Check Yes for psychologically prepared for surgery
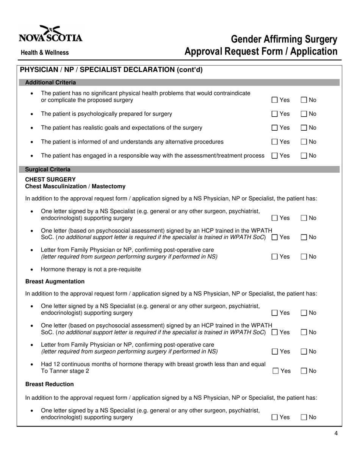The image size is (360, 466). pyautogui.click(x=275, y=114)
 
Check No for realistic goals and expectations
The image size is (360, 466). pyautogui.click(x=304, y=128)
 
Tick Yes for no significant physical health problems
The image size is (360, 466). pyautogui.click(x=275, y=100)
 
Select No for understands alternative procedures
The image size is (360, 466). pyautogui.click(x=304, y=142)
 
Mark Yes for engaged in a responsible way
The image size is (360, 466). pyautogui.click(x=275, y=156)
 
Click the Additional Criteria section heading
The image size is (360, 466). pyautogui.click(x=50, y=83)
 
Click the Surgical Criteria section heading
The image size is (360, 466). pyautogui.click(x=47, y=169)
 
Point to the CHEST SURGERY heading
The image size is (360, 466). pyautogui.click(x=50, y=179)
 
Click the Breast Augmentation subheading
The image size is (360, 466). pyautogui.click(x=55, y=281)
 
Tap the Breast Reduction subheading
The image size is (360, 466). pyautogui.click(x=49, y=384)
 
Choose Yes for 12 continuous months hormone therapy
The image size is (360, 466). pyautogui.click(x=276, y=371)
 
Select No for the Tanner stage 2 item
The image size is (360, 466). pyautogui.click(x=305, y=371)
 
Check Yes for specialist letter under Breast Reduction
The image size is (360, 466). pyautogui.click(x=275, y=418)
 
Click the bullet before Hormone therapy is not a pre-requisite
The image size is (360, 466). pyautogui.click(x=31, y=270)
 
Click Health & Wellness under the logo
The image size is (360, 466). pyautogui.click(x=45, y=53)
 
